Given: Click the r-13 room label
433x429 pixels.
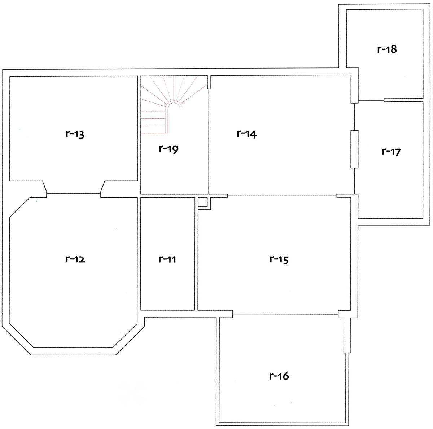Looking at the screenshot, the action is (75, 134).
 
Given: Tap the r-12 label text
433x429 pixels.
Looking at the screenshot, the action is (75, 259).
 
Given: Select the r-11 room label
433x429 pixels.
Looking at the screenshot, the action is (167, 259).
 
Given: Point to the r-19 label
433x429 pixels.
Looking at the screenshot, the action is (169, 149).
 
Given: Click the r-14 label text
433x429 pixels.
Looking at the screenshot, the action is (247, 134).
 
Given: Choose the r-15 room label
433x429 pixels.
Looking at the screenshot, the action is (279, 259).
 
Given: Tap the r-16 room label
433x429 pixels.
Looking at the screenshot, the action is (279, 376).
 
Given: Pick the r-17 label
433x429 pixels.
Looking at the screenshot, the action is (391, 152).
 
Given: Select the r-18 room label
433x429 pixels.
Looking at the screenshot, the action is (387, 49).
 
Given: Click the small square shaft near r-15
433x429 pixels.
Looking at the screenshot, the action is (202, 202).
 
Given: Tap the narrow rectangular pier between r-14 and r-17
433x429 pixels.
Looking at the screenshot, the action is (354, 149).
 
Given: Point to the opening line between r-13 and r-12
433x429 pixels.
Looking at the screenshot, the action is (74, 193).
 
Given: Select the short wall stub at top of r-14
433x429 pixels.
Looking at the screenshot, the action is (209, 83).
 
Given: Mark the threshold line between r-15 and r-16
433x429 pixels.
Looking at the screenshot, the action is (285, 314).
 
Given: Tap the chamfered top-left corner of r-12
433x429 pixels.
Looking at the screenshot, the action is (20, 208).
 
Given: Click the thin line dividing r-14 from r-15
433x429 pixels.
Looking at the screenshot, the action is (282, 196).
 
